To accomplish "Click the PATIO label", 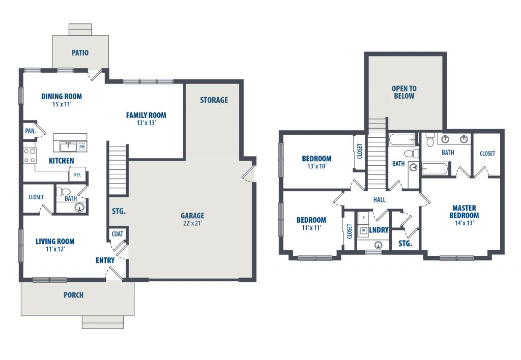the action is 80,52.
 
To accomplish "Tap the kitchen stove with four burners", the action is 30,156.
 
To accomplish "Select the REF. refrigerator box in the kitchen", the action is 77,174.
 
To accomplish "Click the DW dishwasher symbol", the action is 82,146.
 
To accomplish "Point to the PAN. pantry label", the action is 31,131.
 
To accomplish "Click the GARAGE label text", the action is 192,216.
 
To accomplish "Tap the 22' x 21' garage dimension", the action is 192,223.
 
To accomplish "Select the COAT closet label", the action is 118,234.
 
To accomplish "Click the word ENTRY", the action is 105,260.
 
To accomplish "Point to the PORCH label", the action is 73,295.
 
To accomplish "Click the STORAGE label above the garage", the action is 214,100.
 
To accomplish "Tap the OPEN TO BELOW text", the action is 404,93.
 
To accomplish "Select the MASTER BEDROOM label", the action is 464,212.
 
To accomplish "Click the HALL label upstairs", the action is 379,200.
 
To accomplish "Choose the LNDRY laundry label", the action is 379,230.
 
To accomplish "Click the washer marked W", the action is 363,230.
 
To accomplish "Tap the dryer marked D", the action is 363,218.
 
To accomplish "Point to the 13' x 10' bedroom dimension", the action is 316,166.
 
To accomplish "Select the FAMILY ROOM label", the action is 146,115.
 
